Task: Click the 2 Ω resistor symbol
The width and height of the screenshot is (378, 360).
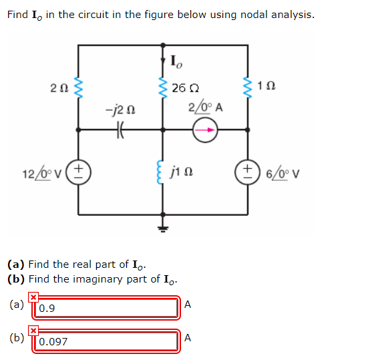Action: [x=78, y=87]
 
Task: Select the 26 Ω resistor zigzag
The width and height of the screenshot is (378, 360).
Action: [x=163, y=87]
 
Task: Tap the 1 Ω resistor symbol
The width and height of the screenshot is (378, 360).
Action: [x=248, y=87]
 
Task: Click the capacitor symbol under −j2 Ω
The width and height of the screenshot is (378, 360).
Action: [x=120, y=130]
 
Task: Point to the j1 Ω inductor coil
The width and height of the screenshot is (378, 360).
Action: [x=160, y=172]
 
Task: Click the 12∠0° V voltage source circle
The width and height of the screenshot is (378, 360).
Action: [x=78, y=172]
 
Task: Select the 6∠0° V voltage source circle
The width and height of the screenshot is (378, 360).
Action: [x=248, y=172]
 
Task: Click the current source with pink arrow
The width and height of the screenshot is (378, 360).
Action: [x=205, y=130]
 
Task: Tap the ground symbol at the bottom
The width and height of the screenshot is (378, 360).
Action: [x=163, y=228]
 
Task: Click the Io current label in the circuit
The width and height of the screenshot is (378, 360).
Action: [x=176, y=62]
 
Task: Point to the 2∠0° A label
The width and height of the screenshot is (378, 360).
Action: [x=206, y=107]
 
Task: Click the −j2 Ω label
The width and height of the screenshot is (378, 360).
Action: [x=120, y=111]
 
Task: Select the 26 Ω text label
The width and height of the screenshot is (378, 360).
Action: [x=186, y=88]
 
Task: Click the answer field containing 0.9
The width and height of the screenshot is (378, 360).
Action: [x=106, y=308]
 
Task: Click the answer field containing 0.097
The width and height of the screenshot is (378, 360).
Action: [x=106, y=341]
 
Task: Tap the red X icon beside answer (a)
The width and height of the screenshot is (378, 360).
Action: [x=33, y=297]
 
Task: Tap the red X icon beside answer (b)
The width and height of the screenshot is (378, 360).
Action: [x=33, y=331]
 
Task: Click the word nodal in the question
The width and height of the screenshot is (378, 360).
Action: [x=254, y=15]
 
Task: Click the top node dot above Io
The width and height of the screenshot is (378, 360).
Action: [x=163, y=45]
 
